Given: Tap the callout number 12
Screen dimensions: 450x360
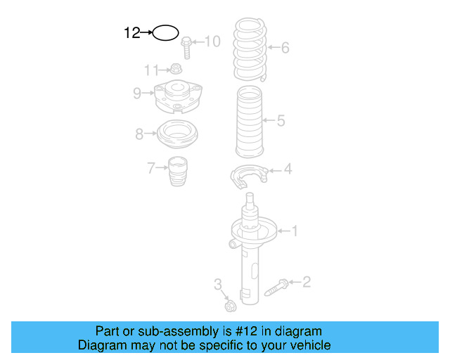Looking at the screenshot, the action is [x=132, y=33].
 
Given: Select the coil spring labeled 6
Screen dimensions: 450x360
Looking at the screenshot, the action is [x=250, y=49].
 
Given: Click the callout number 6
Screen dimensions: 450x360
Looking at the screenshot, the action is [x=285, y=47].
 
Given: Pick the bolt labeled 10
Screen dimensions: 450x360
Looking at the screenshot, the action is [x=186, y=48].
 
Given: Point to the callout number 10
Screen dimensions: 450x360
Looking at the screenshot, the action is [x=212, y=41].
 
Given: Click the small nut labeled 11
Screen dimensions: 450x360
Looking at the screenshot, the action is [x=176, y=69].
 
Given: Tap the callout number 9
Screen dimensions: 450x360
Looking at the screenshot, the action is [x=137, y=93].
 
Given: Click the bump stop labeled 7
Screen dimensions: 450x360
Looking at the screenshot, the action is [x=177, y=171].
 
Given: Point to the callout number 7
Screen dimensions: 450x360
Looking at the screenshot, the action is [x=151, y=168].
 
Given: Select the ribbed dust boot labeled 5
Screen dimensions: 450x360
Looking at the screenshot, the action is [x=250, y=122].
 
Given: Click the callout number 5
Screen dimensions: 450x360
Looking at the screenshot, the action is [x=281, y=120].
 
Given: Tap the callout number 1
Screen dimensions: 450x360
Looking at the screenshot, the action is [x=295, y=231].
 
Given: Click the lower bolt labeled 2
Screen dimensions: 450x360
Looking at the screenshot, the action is [x=276, y=288].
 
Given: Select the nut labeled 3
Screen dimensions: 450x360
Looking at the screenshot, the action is [x=231, y=306].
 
